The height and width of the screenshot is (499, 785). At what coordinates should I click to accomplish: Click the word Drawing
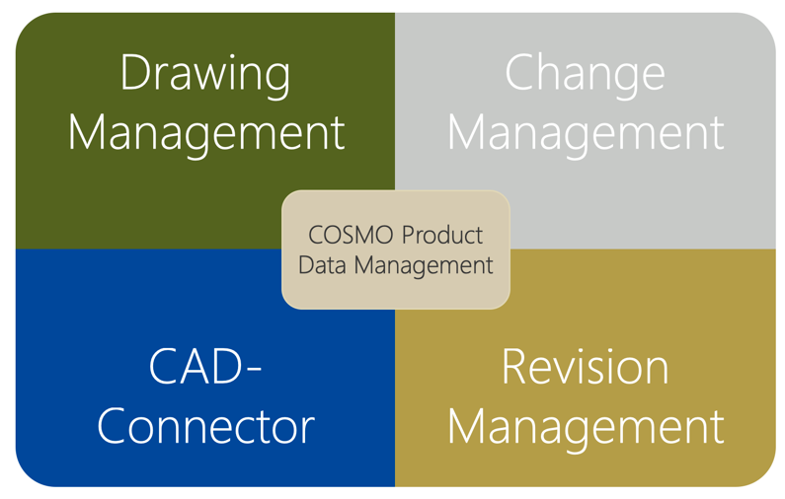(x=205, y=75)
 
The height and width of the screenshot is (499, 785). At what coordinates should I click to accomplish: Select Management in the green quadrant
(x=205, y=132)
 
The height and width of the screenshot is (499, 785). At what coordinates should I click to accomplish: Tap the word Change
(x=585, y=75)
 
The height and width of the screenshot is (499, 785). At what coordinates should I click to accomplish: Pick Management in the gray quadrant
(x=585, y=132)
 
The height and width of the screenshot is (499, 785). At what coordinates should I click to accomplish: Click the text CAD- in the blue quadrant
(x=205, y=367)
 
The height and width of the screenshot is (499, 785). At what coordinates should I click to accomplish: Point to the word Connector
(x=205, y=426)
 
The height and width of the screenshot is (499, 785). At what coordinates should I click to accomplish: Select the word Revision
(x=585, y=367)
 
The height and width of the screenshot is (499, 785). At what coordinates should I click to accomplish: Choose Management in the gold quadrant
(x=585, y=426)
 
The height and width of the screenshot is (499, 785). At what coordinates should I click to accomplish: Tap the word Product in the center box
(x=440, y=236)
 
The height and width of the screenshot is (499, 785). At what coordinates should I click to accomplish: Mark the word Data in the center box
(x=323, y=265)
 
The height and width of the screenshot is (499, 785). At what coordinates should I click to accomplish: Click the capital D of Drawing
(x=136, y=73)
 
